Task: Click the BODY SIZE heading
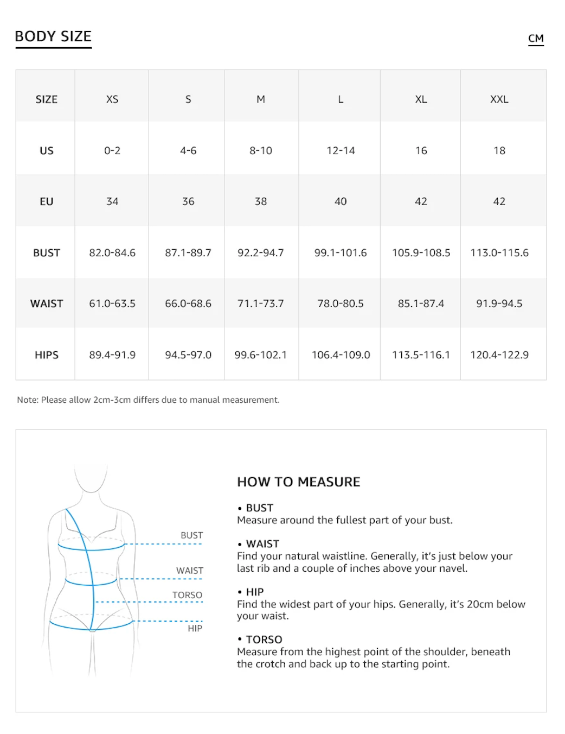pyautogui.click(x=53, y=36)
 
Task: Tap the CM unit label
pyautogui.click(x=536, y=39)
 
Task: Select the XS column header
pyautogui.click(x=112, y=99)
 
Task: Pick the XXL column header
pyautogui.click(x=499, y=99)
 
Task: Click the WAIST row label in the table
pyautogui.click(x=47, y=303)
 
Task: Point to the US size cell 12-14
pyautogui.click(x=341, y=150)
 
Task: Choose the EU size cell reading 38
pyautogui.click(x=261, y=201)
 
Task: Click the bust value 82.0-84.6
pyautogui.click(x=112, y=253)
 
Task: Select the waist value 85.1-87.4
pyautogui.click(x=421, y=303)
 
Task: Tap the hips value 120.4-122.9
pyautogui.click(x=499, y=355)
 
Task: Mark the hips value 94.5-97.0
pyautogui.click(x=188, y=355)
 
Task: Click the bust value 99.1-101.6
pyautogui.click(x=341, y=253)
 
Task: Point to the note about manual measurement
pyautogui.click(x=148, y=400)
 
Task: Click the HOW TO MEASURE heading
pyautogui.click(x=298, y=482)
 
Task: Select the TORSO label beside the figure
pyautogui.click(x=187, y=595)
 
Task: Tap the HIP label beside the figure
pyautogui.click(x=195, y=628)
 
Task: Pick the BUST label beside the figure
pyautogui.click(x=191, y=535)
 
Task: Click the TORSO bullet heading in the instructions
pyautogui.click(x=264, y=640)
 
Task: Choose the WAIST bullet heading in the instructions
pyautogui.click(x=262, y=544)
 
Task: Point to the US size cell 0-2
pyautogui.click(x=112, y=150)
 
